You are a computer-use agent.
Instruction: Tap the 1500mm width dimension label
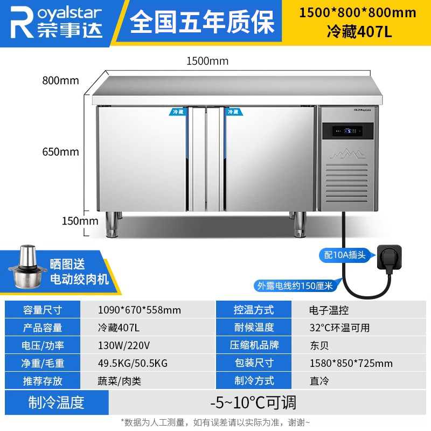coord(207,61)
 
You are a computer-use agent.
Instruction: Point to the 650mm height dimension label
coord(61,151)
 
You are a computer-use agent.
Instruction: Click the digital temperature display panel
coord(347,130)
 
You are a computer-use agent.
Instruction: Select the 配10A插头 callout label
coord(346,255)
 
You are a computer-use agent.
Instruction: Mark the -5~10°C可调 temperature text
coord(253,402)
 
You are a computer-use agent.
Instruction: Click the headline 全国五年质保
coord(202,23)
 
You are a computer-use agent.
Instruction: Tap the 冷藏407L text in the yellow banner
coord(359,32)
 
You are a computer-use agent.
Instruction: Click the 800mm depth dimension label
coord(61,81)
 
